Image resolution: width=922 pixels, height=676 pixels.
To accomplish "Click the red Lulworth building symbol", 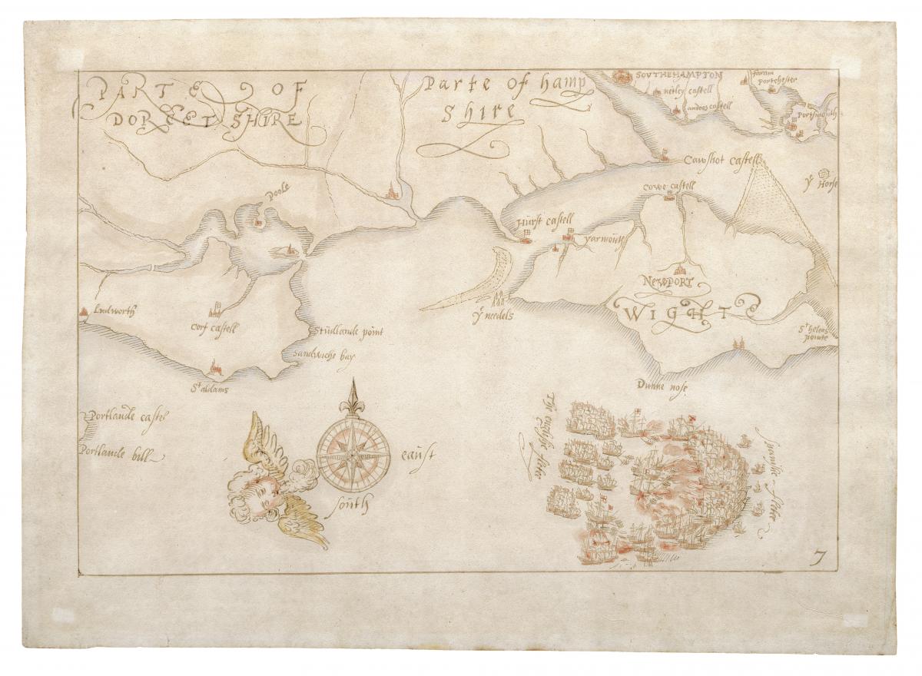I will tap(83, 311).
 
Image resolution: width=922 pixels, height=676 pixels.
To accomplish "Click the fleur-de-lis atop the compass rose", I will tap(354, 396).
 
